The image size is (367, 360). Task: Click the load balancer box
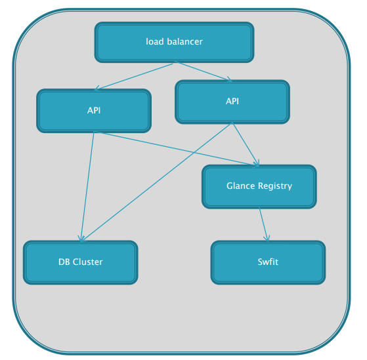pos(174,42)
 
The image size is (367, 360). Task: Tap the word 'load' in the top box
pos(154,41)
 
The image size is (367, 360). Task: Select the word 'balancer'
pos(184,41)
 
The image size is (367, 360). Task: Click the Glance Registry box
pos(259,186)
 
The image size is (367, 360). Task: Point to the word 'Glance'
pos(240,186)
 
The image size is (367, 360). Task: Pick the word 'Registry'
pos(275,186)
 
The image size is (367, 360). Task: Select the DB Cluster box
pos(81,262)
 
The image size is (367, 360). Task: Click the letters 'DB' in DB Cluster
pos(64,262)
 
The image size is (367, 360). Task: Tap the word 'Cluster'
pos(87,262)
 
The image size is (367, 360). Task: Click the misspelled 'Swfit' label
pos(268,262)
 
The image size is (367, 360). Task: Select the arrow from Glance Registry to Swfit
pos(263,224)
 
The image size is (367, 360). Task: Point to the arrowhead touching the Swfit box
pos(267,239)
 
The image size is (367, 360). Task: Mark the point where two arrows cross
pos(194,152)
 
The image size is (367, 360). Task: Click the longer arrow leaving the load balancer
pos(135,76)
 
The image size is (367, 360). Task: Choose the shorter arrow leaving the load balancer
pos(203,71)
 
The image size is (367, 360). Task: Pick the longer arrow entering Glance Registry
pos(177,149)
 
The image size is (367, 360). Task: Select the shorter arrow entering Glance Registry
pos(246,144)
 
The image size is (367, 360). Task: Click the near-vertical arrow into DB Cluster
pos(87,186)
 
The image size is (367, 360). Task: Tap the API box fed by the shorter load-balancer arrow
pos(232,102)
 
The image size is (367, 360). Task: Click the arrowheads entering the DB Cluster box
pos(82,238)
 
